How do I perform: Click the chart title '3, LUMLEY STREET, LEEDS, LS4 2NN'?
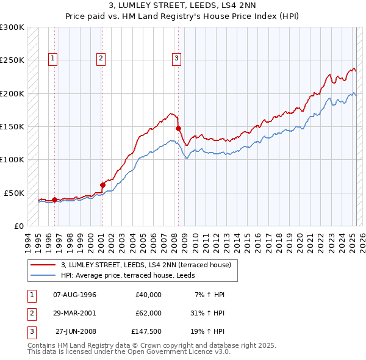coord(183,7)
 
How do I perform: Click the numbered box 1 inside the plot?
coord(53,59)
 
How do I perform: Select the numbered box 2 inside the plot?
coord(101,59)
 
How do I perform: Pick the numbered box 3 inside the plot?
coord(176,59)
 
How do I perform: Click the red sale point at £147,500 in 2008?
coord(179,128)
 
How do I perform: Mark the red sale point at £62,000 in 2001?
coord(102,185)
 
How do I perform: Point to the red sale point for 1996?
coord(54,200)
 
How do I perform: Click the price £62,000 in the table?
coord(148,313)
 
